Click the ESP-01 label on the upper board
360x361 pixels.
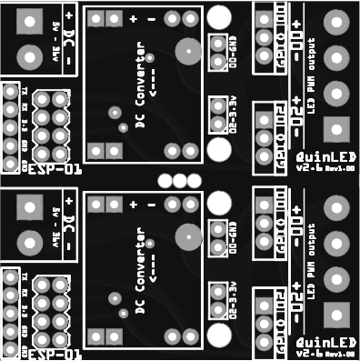55,170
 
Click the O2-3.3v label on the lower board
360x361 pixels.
235,300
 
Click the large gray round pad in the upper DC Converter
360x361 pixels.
187,52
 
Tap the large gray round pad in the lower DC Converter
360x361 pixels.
186,237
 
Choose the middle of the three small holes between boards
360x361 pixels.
179,180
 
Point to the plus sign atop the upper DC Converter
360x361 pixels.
134,19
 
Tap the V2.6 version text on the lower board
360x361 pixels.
310,352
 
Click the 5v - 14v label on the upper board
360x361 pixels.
57,40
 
